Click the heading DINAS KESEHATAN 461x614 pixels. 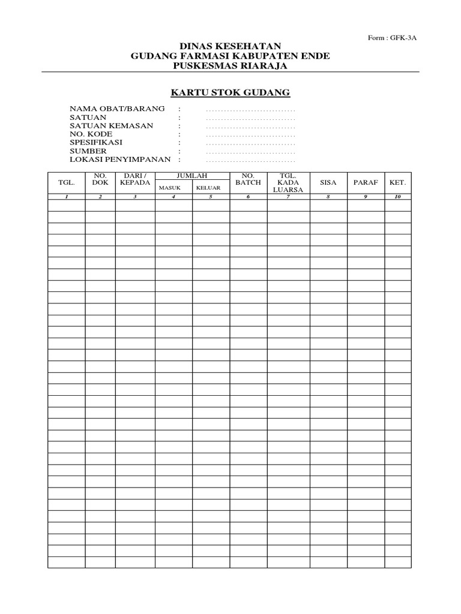[x=230, y=46]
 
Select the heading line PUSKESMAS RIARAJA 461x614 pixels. [x=230, y=66]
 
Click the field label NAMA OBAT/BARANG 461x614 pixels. [x=117, y=109]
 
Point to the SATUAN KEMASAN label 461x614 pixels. [x=112, y=126]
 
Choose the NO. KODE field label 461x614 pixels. [x=91, y=134]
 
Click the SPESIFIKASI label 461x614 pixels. [x=96, y=143]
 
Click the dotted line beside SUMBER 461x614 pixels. [x=250, y=152]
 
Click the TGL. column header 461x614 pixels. [x=66, y=182]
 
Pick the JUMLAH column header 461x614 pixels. [x=192, y=175]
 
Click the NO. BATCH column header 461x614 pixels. [x=248, y=179]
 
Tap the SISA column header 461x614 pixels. [x=328, y=182]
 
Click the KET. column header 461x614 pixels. [x=397, y=182]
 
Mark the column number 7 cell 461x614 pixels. [x=288, y=197]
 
